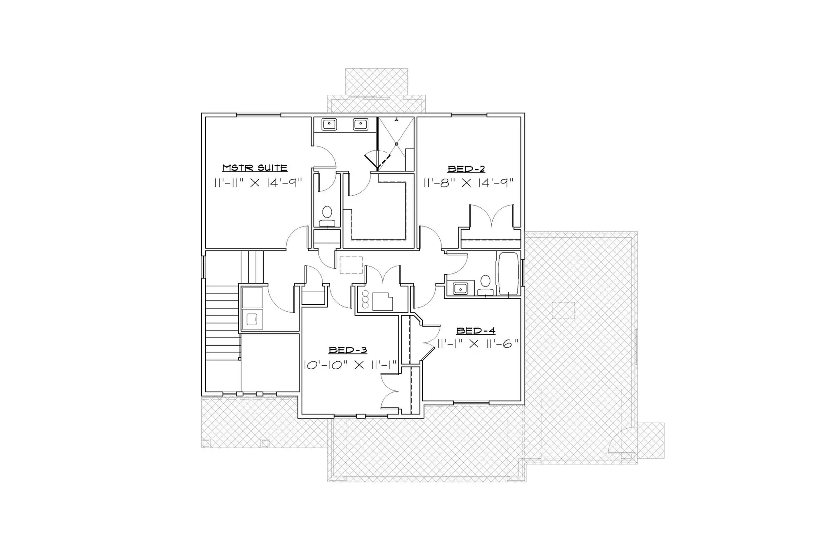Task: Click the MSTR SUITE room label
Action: coord(255,168)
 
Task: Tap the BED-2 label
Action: coord(466,169)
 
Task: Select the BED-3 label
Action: coord(347,350)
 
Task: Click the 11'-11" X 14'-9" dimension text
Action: coord(258,183)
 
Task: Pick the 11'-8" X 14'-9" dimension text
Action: coord(469,183)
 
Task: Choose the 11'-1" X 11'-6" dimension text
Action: coord(478,344)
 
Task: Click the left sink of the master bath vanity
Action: coord(329,125)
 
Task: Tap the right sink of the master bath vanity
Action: coord(361,125)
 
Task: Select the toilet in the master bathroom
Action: coord(327,216)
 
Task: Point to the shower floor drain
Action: coord(396,144)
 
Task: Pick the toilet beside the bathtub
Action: coord(485,285)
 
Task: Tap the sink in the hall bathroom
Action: coord(459,288)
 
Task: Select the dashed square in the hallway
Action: coord(351,265)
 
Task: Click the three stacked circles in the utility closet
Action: coord(365,299)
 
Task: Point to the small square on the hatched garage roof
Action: coord(563,310)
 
